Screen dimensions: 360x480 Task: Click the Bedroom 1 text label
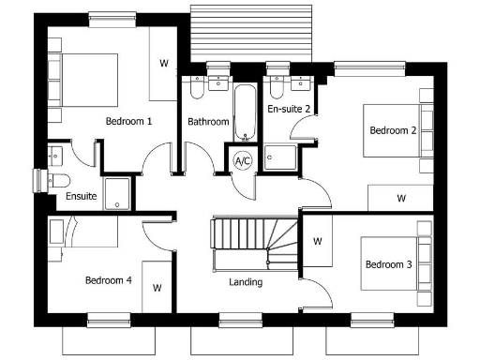coord(128,122)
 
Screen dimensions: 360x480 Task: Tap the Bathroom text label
coord(208,122)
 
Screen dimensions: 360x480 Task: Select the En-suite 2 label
coord(289,110)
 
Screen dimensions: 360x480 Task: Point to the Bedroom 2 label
coord(393,130)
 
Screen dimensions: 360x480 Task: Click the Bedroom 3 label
coord(388,265)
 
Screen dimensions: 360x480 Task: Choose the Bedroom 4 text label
coord(108,279)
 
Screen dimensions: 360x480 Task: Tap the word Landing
coord(246,281)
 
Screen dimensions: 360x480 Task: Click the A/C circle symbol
coord(243,161)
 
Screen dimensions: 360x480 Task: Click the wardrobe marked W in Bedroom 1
coord(164,63)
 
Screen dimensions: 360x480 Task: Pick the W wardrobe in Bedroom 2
coord(400,198)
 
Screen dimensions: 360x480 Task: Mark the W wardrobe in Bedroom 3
coord(317,241)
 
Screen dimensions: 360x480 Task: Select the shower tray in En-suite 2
coord(280,159)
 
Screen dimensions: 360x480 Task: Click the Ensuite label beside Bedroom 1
coord(81,197)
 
